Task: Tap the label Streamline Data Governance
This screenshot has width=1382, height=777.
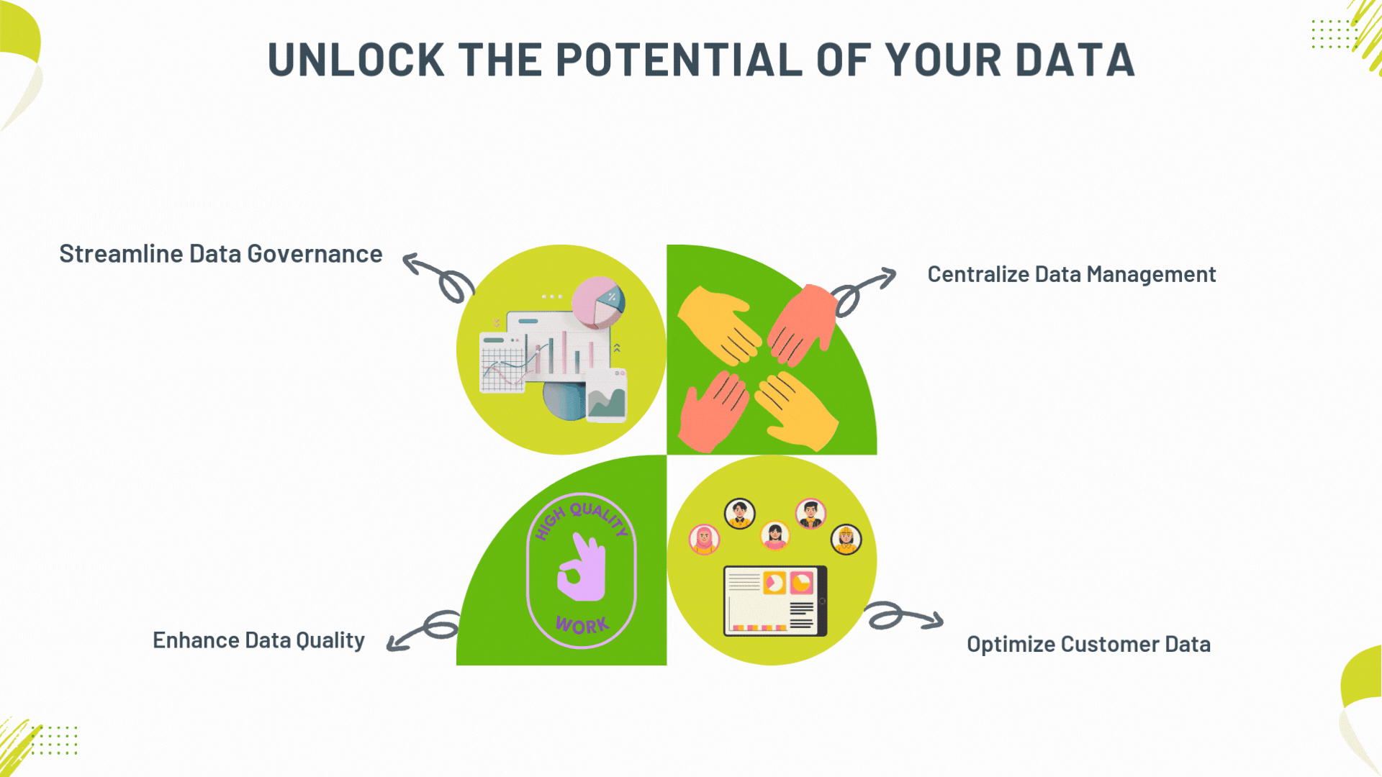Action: (220, 254)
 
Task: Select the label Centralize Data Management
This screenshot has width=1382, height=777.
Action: (1071, 274)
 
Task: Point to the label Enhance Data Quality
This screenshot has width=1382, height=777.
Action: (258, 640)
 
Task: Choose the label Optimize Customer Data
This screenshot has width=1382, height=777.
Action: (1088, 644)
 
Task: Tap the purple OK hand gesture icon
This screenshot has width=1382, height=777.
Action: (582, 568)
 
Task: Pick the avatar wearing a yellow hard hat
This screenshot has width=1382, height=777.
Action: (846, 540)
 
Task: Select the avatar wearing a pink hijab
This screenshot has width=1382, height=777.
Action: (704, 540)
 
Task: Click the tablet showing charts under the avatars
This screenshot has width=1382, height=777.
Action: (775, 601)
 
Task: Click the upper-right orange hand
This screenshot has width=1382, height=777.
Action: (803, 324)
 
